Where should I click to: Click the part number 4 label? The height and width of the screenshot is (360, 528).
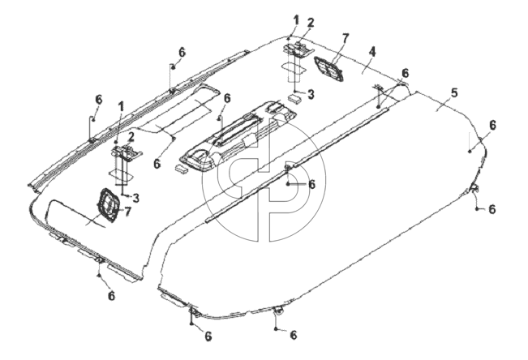pos(371,52)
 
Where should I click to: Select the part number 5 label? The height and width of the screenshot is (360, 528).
pos(454,93)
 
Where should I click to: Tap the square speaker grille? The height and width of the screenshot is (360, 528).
pos(108,205)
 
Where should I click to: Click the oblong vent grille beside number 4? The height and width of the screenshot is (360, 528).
pos(328,70)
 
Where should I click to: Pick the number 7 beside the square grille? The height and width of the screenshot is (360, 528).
pos(127,212)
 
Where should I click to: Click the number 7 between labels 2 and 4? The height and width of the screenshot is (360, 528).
pos(346,39)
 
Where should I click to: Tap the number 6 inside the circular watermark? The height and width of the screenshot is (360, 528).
pos(311,184)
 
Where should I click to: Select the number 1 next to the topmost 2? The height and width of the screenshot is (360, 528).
pos(296,20)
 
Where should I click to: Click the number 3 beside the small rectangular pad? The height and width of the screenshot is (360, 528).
pos(311,94)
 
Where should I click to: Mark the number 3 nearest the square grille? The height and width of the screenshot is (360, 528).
pos(135,198)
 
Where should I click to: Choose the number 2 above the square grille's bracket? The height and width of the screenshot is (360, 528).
pos(131,137)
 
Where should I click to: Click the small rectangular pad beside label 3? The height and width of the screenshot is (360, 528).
pos(295,98)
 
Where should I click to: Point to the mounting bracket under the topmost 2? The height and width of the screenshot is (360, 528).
pos(298,49)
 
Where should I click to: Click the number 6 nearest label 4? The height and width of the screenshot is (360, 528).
pos(405,73)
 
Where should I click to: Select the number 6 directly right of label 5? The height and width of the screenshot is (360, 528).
pos(492,126)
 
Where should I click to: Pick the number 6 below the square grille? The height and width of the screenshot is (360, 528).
pos(111,296)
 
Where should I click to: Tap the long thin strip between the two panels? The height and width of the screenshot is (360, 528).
pos(297,165)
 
